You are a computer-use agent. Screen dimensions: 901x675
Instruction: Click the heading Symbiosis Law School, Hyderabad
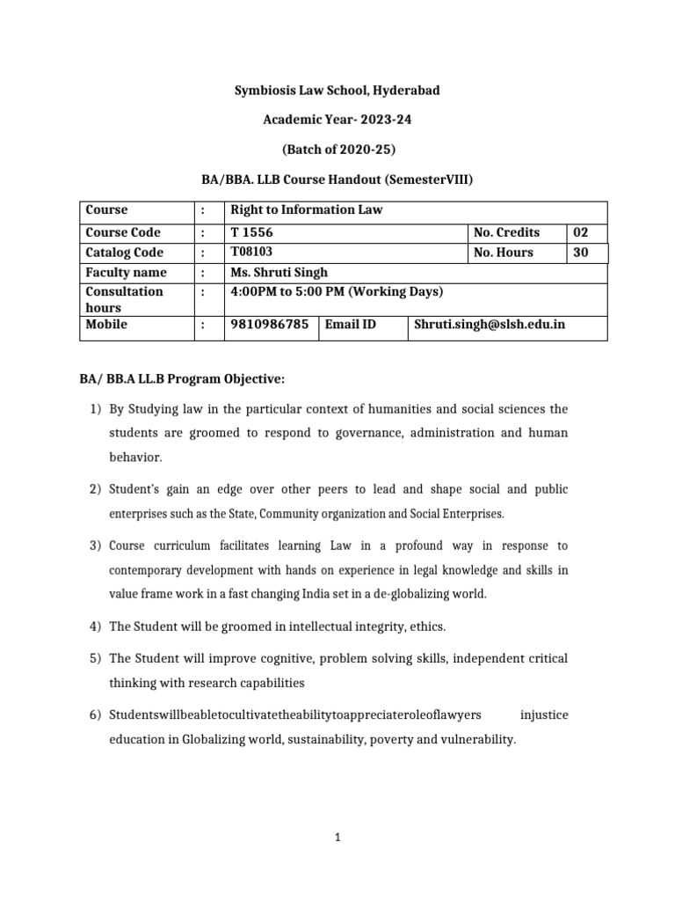coord(337,92)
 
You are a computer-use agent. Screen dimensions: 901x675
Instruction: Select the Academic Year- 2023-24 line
coord(337,121)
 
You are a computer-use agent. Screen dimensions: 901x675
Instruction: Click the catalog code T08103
coord(250,253)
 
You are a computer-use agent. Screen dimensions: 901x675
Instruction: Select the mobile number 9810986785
coord(269,325)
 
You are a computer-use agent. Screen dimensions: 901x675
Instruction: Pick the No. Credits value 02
coord(580,233)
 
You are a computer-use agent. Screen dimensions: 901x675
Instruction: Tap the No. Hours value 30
coord(580,253)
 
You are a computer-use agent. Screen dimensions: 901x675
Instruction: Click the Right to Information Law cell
coord(306,210)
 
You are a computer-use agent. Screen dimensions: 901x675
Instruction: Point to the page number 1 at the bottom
coord(337,839)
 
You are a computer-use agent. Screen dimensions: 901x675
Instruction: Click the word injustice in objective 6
coord(544,714)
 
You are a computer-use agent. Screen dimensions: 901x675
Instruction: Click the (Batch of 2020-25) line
coord(337,150)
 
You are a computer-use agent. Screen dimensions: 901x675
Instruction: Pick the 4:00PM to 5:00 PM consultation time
coord(337,291)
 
